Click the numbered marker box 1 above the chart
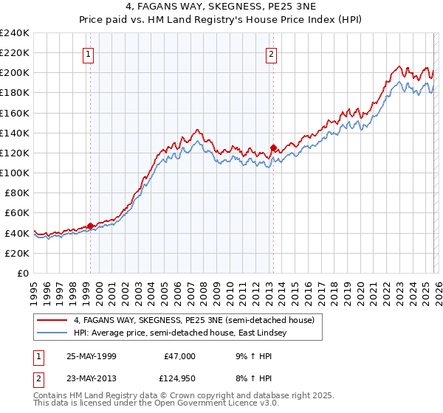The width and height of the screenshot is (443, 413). tap(89, 53)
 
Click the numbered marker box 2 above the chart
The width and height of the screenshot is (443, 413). tap(272, 53)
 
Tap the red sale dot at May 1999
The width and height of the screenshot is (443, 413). tap(90, 226)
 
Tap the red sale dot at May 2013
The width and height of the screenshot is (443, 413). tap(273, 148)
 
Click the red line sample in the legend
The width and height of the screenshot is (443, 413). tap(52, 320)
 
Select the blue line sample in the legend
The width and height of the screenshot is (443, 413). tap(52, 333)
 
